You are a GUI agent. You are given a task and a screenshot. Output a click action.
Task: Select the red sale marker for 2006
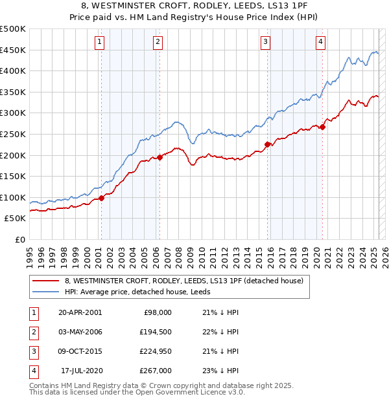pos(159,157)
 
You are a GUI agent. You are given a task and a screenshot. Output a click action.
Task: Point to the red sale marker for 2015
pos(267,144)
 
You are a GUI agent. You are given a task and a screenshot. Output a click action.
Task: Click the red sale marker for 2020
pos(322,127)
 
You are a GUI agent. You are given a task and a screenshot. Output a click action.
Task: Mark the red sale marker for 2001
pos(101,198)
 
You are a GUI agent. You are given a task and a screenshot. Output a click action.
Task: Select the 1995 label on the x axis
pos(30,253)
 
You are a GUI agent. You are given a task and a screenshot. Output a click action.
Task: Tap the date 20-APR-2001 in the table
pos(80,312)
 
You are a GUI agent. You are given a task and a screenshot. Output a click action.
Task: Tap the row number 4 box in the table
pos(33,371)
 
